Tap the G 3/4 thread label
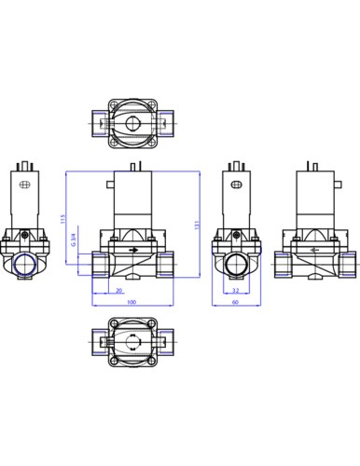(x=76, y=247)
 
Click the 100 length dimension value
(x=132, y=303)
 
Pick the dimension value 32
(x=234, y=291)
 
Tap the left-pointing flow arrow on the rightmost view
(x=313, y=252)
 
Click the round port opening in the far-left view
(x=26, y=265)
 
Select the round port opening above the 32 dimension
(x=234, y=265)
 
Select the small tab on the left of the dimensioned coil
(x=109, y=185)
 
